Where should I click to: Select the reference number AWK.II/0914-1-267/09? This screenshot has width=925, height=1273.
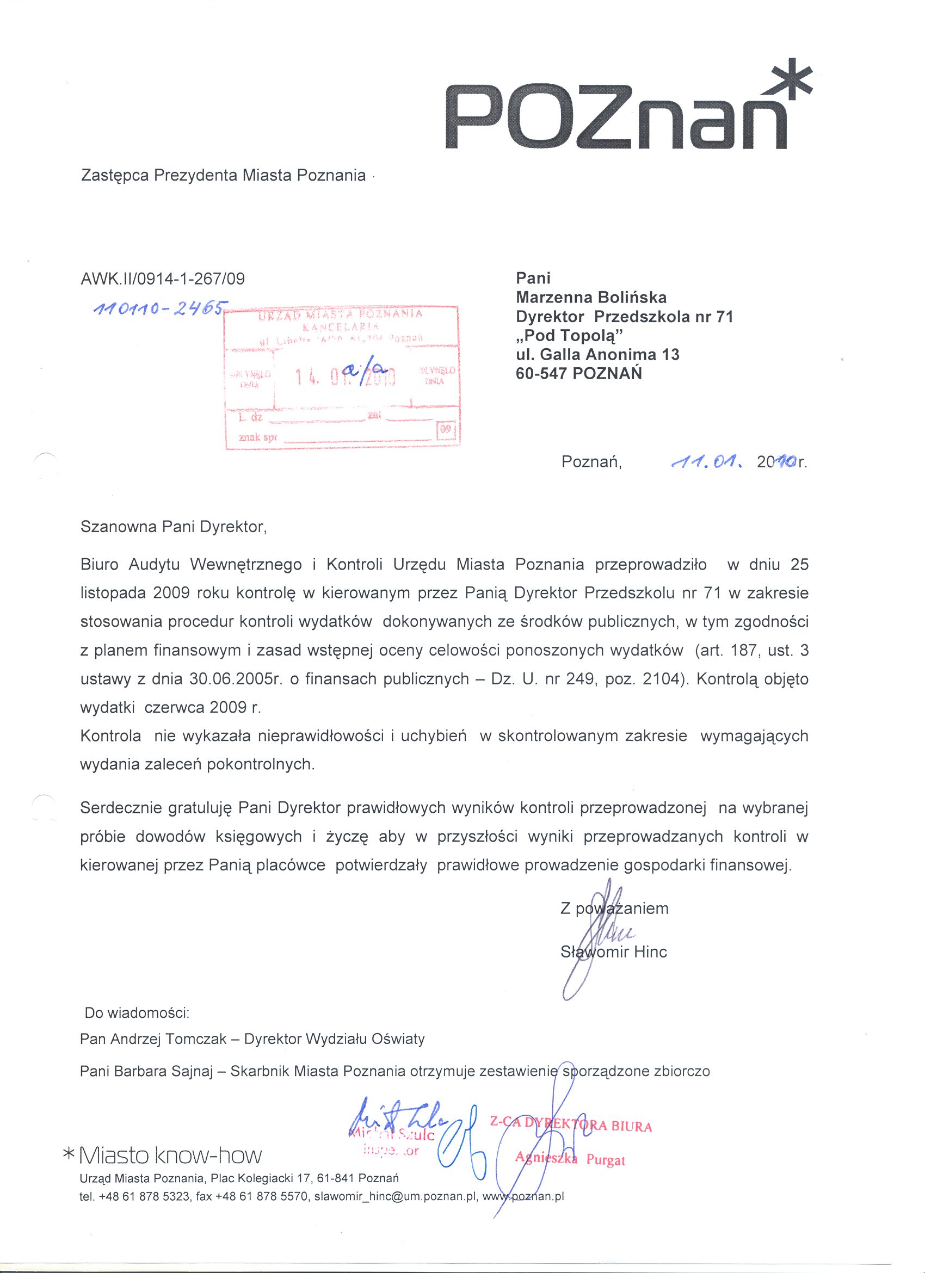pos(163,279)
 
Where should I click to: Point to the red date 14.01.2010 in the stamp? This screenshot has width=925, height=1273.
pos(344,380)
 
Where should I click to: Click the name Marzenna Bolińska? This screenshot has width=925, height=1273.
pos(591,297)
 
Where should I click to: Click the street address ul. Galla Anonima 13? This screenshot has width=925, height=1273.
pos(597,354)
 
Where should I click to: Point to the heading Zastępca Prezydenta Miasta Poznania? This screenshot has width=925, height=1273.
pos(224,176)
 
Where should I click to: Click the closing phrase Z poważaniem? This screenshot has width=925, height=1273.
pos(614,908)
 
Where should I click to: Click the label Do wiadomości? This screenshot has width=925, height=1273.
pos(138,1013)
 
